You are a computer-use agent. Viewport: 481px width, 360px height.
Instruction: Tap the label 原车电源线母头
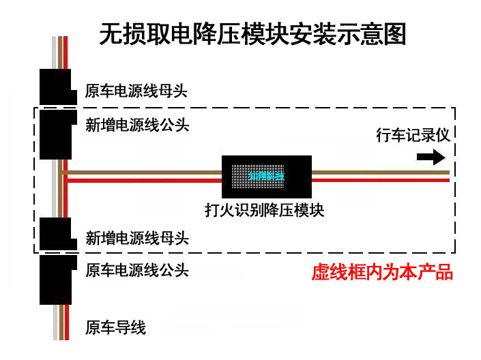[136, 91]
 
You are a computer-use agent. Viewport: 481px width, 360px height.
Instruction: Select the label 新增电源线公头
[137, 125]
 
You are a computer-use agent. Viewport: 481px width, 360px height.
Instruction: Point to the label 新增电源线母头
[137, 238]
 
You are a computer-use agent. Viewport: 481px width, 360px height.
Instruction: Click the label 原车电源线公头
[136, 270]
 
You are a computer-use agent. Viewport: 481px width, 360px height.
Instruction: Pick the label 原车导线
[115, 328]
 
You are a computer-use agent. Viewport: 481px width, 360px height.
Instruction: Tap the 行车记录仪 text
[413, 134]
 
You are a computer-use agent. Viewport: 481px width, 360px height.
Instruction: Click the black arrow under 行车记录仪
[431, 157]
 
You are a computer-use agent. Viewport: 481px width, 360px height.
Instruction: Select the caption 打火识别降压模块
[264, 210]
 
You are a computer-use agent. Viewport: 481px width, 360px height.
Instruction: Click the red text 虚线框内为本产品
[382, 273]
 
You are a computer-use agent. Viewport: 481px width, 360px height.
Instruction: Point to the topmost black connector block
[56, 86]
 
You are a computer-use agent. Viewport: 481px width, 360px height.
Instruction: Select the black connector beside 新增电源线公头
[56, 133]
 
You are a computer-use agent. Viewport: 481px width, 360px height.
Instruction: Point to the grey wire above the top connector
[54, 52]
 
